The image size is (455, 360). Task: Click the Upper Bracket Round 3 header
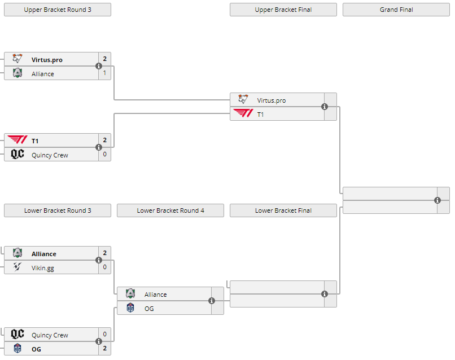pos(58,10)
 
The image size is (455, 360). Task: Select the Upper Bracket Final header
pos(283,10)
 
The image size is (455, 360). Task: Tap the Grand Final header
pos(396,10)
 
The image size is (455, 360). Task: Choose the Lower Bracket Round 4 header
pos(170,210)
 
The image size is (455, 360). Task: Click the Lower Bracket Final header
pos(283,210)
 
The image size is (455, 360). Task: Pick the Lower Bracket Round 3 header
pos(58,210)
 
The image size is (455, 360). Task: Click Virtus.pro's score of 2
pos(104,59)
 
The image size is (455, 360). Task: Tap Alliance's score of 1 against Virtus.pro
pos(104,73)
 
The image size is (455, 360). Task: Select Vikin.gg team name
pos(43,267)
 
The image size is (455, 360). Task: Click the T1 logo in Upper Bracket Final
pos(243,114)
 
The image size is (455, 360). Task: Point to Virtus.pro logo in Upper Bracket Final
pos(243,100)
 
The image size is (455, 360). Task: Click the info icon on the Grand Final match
pos(438,200)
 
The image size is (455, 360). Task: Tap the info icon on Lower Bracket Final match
pos(325,294)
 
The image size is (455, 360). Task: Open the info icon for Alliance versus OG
pos(212,301)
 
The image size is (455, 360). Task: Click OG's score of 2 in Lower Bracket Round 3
pos(104,349)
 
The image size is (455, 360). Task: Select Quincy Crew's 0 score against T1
pos(104,155)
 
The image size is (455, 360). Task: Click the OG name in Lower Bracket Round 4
pos(149,308)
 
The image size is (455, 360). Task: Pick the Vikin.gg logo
pos(17,267)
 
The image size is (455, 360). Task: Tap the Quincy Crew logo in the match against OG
pos(17,334)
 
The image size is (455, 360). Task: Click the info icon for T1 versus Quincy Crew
pos(99,147)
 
